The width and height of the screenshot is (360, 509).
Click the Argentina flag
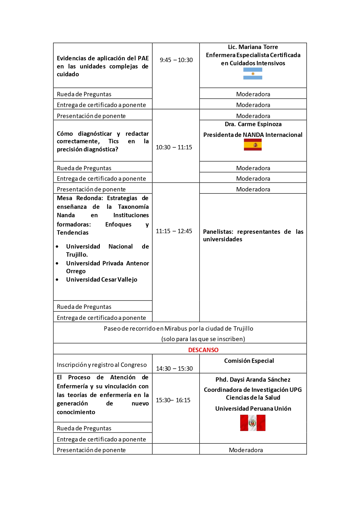253,74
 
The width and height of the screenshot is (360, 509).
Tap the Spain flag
253,145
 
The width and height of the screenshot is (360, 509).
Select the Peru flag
253,423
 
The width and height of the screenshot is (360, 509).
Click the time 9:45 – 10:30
176,60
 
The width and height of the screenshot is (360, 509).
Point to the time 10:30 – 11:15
174,147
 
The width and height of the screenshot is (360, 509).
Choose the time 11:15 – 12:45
174,231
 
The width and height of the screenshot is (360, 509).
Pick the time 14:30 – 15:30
174,369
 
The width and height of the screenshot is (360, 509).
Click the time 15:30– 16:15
173,400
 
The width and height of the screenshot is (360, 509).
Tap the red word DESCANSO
203,350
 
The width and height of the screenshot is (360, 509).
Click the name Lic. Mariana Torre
253,47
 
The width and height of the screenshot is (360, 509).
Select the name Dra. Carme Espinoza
253,124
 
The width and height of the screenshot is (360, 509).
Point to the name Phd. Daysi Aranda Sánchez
253,380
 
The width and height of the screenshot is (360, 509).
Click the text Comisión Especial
249,361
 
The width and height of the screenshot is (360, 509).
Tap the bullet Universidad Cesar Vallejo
102,280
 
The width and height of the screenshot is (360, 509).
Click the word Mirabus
176,329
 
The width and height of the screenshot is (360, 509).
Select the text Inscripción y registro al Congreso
102,365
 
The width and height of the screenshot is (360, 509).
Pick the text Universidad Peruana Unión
253,409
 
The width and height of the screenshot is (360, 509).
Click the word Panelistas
218,232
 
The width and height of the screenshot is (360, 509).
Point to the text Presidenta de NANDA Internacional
253,135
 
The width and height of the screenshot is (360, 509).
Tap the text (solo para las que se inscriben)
203,339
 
